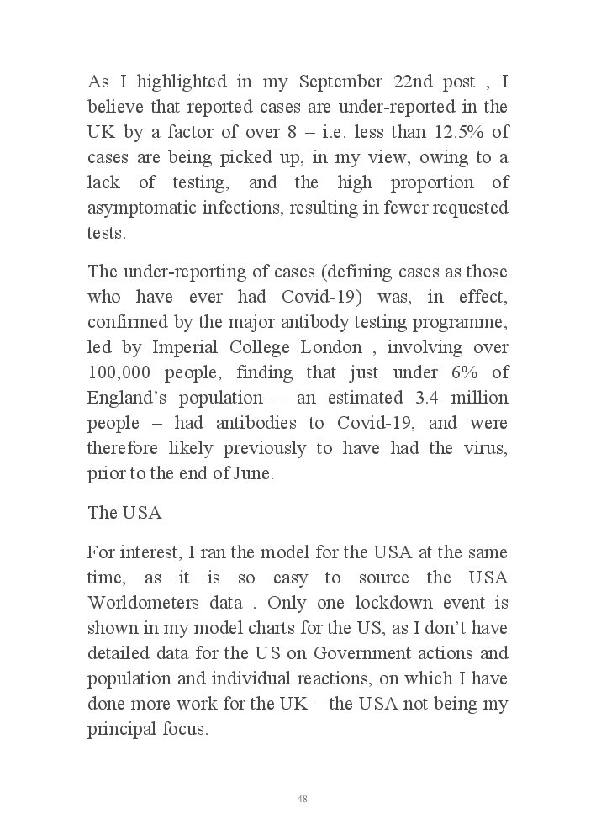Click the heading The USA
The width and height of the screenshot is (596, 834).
click(x=119, y=513)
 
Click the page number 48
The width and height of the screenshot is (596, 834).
click(x=302, y=799)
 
